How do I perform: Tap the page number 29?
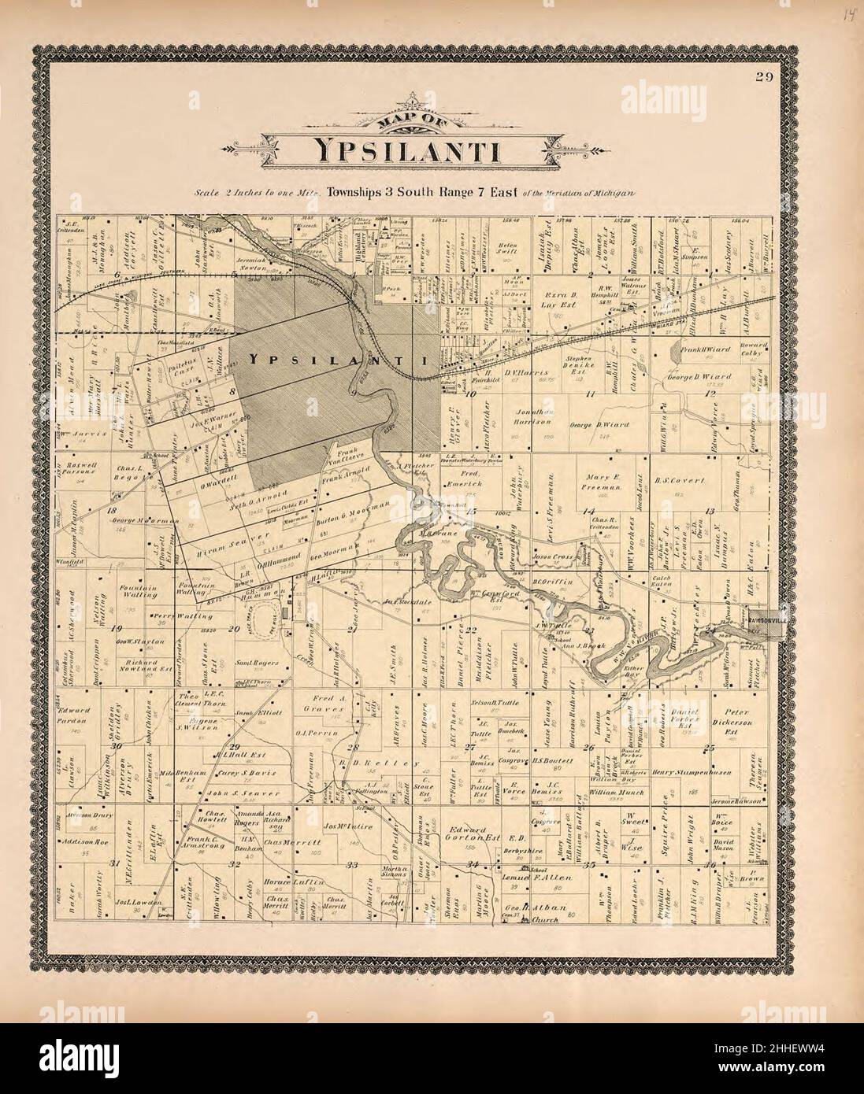coord(762,76)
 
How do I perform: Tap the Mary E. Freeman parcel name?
coord(604,481)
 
